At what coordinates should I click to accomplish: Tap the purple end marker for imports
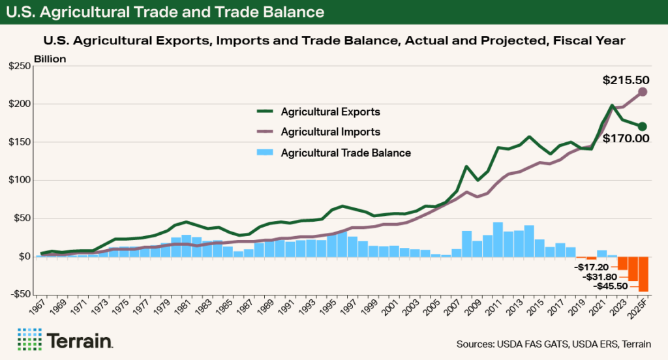(x=643, y=92)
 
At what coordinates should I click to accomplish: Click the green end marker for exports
(x=643, y=127)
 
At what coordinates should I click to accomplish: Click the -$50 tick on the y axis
(x=20, y=294)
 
